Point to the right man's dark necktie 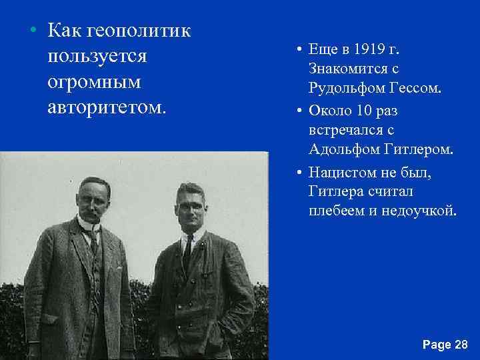click(x=189, y=251)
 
